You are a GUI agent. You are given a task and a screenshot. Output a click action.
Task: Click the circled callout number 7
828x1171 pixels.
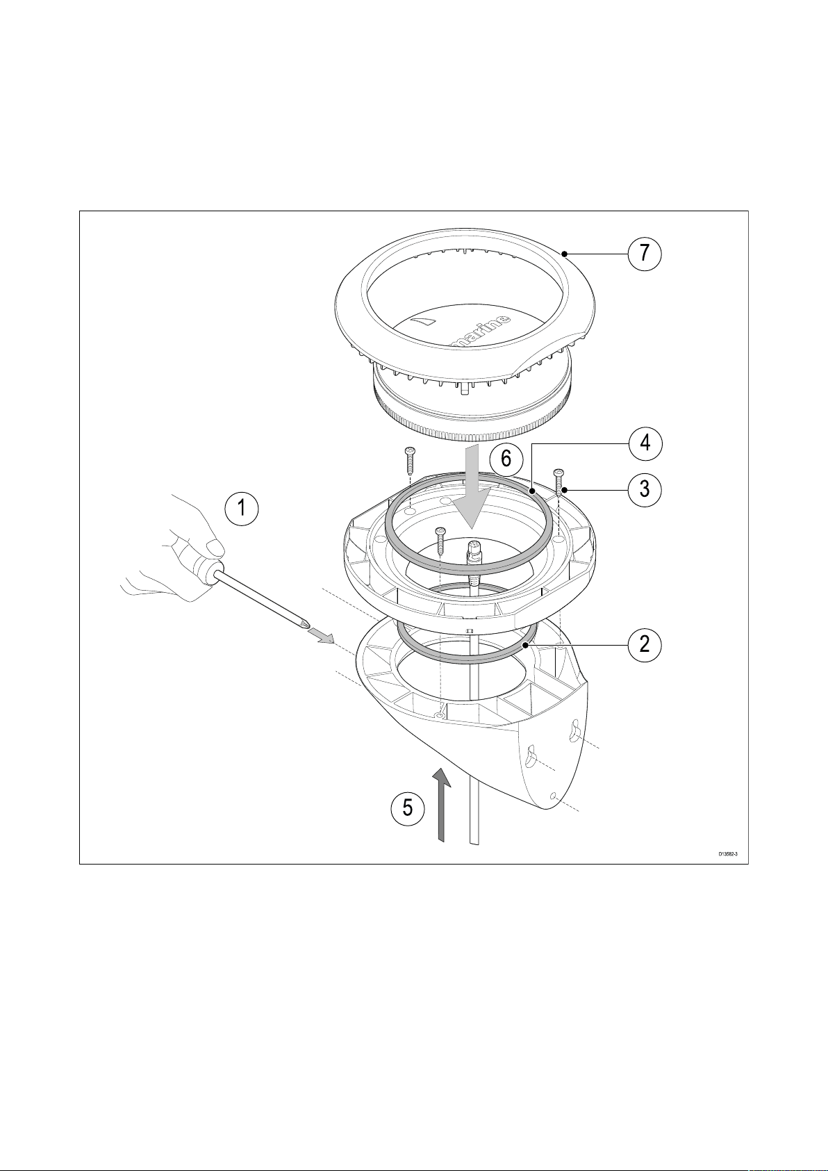click(x=645, y=254)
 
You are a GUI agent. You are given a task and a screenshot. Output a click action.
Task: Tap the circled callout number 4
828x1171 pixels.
click(x=645, y=442)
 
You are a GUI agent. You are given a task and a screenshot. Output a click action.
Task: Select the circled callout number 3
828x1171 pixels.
click(x=645, y=489)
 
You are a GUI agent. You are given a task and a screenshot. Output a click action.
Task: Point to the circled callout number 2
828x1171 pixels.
click(x=645, y=644)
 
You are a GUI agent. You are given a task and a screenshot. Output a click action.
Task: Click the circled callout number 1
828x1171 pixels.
click(x=242, y=508)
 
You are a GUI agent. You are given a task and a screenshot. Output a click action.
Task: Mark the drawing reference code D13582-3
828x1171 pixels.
click(x=728, y=854)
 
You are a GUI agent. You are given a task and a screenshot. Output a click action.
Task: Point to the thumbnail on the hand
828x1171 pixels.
click(x=215, y=549)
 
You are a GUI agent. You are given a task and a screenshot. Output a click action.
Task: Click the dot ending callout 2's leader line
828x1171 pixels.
click(x=527, y=645)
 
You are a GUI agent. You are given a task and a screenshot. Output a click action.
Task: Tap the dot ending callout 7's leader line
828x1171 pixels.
click(x=567, y=254)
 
